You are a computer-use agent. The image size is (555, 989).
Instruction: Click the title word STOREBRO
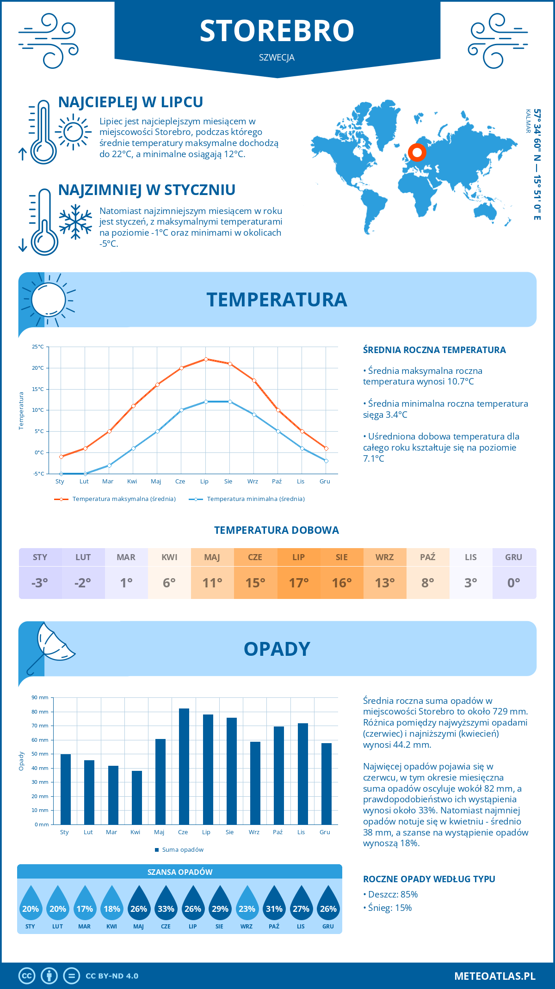(x=277, y=31)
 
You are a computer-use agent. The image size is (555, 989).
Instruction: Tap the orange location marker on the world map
(x=417, y=152)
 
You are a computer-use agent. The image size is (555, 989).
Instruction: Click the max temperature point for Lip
(x=206, y=359)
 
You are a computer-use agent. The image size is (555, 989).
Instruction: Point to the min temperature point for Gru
(x=326, y=461)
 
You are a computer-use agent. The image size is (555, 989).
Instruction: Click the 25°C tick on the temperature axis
(x=38, y=347)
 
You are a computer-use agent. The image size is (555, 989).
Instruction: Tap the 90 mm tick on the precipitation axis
(x=40, y=697)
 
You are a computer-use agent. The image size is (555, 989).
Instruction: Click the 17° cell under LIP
(x=298, y=583)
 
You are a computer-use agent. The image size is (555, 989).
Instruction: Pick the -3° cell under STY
(x=40, y=583)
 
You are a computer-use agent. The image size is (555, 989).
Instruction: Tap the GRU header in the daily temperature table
(x=513, y=557)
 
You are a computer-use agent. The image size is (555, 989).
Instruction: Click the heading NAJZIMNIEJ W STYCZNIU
(x=147, y=190)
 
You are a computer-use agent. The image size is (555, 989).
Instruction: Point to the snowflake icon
(x=75, y=222)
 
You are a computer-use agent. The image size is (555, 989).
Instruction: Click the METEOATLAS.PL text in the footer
(x=494, y=976)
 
